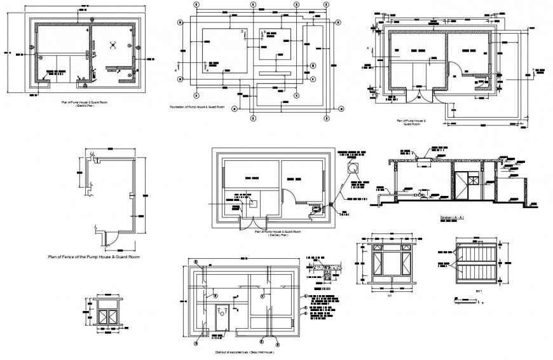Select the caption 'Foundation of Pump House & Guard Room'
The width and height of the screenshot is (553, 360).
(197, 107)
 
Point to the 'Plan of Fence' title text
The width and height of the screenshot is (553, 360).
(93, 256)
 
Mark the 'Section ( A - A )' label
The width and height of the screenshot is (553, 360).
(453, 218)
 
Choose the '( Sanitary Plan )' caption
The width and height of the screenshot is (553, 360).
(277, 235)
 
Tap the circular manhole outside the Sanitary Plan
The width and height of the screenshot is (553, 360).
(353, 167)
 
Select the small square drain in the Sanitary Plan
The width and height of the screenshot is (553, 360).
(252, 204)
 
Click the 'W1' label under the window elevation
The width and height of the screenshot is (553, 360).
(390, 295)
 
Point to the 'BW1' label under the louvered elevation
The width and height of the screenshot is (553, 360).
(478, 292)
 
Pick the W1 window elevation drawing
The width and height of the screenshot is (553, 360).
(390, 263)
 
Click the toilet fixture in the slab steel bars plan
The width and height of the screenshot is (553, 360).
(222, 312)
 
